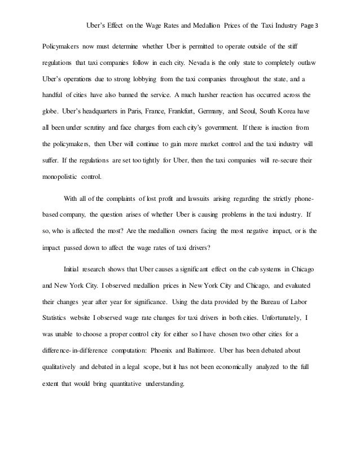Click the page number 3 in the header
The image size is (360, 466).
317,25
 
